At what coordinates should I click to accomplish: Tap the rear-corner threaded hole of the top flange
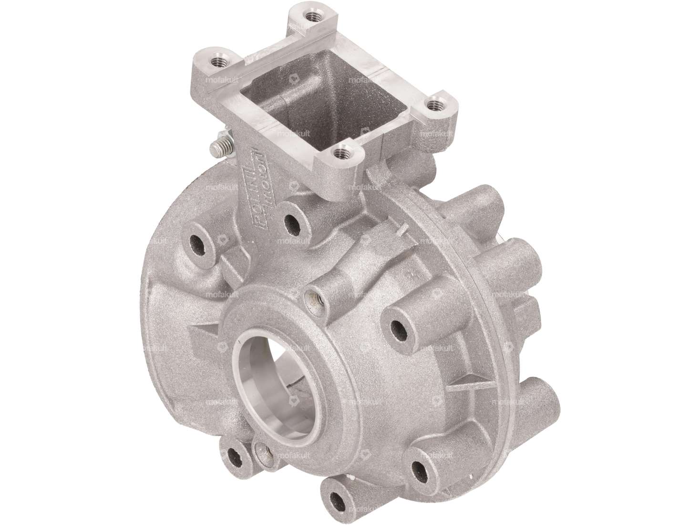coord(312,16)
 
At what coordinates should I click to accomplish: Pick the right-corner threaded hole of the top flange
coord(433,103)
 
